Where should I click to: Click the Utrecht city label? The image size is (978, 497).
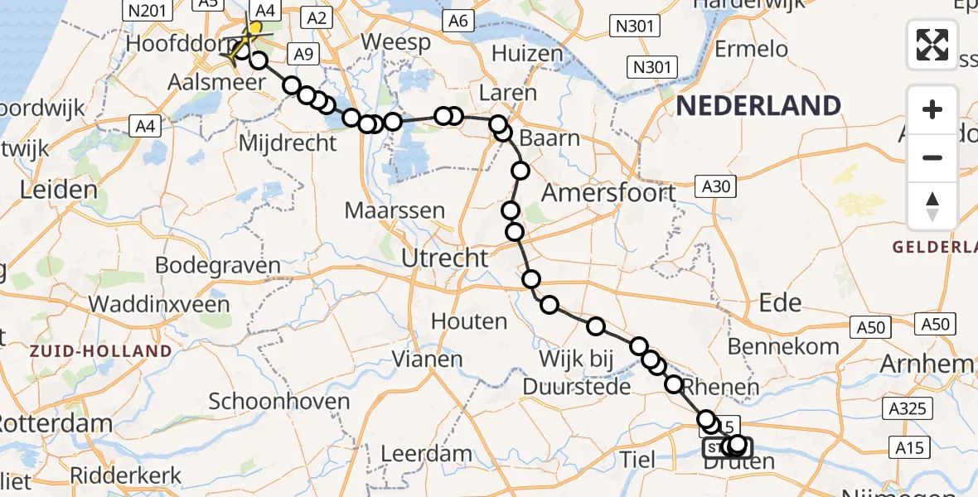pyautogui.click(x=444, y=258)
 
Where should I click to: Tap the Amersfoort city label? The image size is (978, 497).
pyautogui.click(x=609, y=193)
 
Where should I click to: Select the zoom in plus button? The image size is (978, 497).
pyautogui.click(x=932, y=109)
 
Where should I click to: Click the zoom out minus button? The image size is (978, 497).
pyautogui.click(x=932, y=157)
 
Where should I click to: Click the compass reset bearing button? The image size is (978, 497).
pyautogui.click(x=932, y=206)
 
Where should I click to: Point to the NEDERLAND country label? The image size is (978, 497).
pyautogui.click(x=758, y=106)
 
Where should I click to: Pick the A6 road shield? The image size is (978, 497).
pyautogui.click(x=458, y=21)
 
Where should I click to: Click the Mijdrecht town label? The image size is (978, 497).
pyautogui.click(x=288, y=143)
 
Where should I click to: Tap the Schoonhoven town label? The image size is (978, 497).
pyautogui.click(x=279, y=403)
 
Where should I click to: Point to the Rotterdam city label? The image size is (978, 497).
pyautogui.click(x=55, y=423)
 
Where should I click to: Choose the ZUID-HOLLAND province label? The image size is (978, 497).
pyautogui.click(x=100, y=351)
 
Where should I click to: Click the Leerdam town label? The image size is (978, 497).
pyautogui.click(x=426, y=454)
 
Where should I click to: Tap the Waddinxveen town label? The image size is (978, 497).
pyautogui.click(x=159, y=304)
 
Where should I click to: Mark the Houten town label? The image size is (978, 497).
pyautogui.click(x=469, y=321)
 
